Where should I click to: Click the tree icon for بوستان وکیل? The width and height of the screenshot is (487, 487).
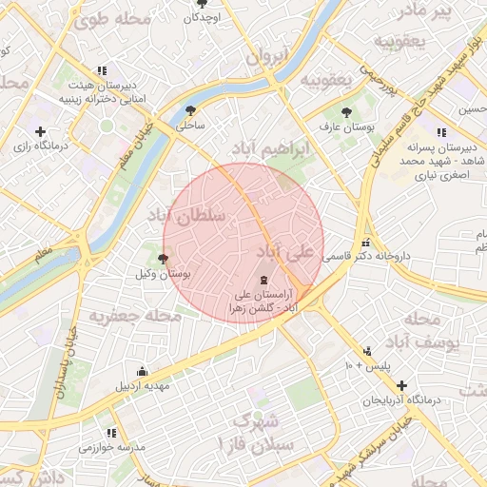coord(164,259)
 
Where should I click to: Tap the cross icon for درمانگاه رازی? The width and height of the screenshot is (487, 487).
coord(39,132)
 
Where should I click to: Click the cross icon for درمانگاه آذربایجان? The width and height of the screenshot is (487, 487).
coord(401,386)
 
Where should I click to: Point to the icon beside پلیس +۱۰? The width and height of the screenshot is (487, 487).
coord(367,351)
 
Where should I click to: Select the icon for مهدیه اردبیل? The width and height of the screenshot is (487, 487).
coord(142,371)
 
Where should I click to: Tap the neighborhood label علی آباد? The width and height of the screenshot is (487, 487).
coord(284,252)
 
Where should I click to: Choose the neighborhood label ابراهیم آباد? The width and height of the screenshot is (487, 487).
coord(270,150)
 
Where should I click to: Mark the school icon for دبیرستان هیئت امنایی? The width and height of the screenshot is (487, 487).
coord(102,70)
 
